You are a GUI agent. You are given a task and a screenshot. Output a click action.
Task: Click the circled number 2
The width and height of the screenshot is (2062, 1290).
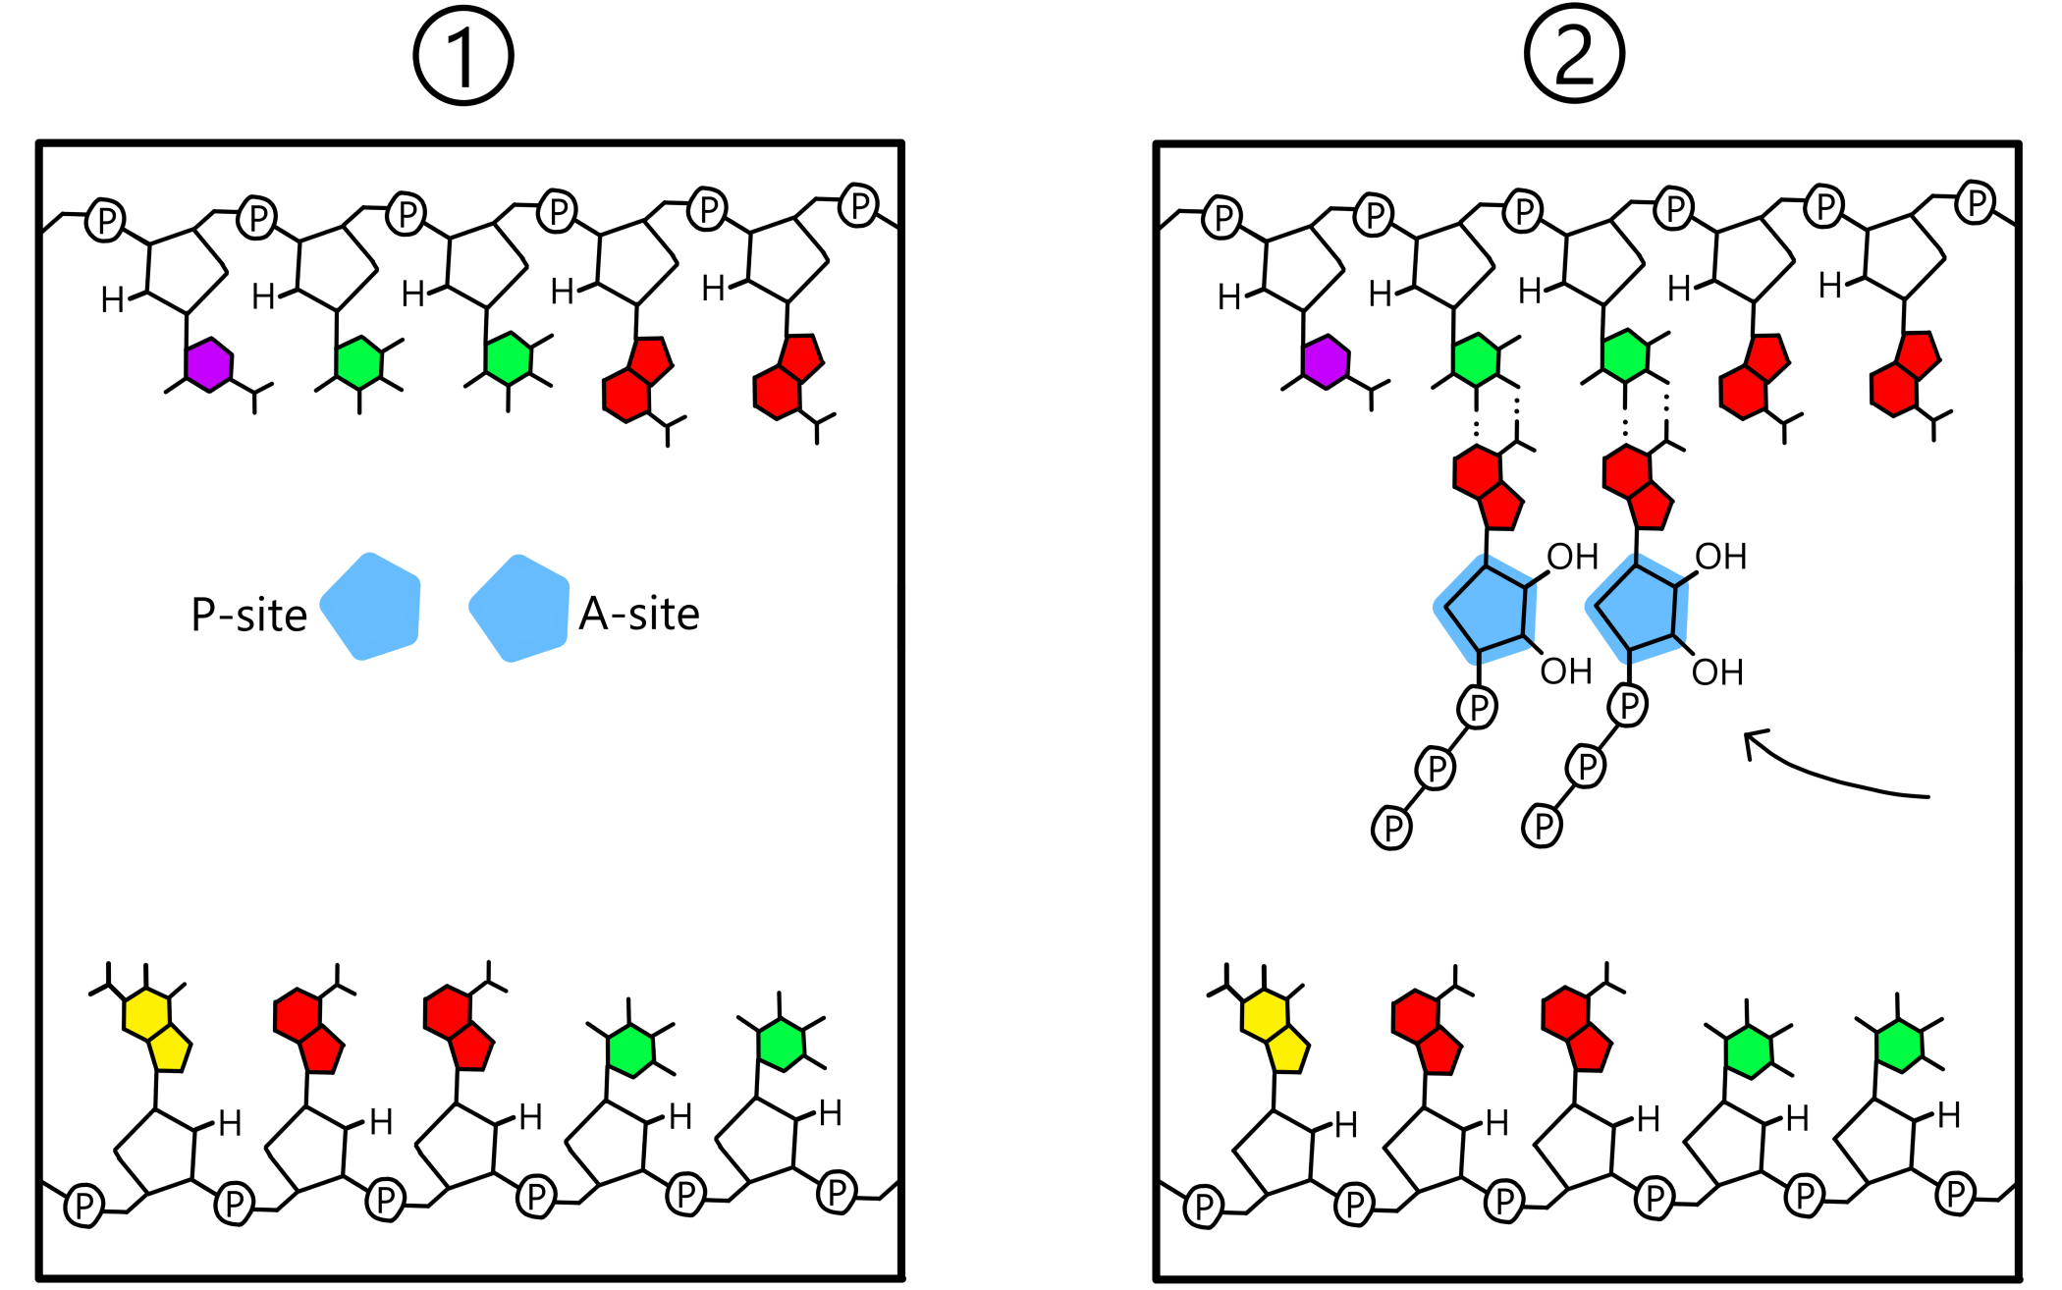click(x=1574, y=54)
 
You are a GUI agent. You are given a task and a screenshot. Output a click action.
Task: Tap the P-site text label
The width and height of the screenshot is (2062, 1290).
click(x=248, y=616)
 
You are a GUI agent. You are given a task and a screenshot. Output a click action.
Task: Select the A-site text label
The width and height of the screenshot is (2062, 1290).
click(x=639, y=614)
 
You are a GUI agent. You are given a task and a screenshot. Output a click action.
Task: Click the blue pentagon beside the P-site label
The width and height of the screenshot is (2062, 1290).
click(x=372, y=607)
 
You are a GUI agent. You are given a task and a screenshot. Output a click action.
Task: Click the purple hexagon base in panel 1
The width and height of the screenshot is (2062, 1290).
click(x=209, y=365)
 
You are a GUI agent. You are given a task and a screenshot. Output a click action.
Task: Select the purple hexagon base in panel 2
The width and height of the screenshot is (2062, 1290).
click(x=1326, y=362)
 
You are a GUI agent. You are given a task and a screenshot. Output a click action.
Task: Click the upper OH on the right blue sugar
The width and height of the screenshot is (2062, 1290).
click(x=1720, y=557)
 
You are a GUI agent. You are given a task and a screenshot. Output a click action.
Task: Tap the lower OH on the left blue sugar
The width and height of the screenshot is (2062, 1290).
click(x=1565, y=672)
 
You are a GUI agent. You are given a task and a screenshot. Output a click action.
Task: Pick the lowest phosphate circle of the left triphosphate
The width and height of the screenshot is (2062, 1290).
click(x=1391, y=828)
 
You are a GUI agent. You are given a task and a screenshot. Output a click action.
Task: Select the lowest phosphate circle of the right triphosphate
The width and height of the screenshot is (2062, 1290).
click(x=1542, y=826)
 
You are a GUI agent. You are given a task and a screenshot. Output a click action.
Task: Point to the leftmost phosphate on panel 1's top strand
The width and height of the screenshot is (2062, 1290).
click(x=105, y=220)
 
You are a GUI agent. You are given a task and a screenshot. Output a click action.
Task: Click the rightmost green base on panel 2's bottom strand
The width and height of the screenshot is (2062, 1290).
click(x=1899, y=1046)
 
